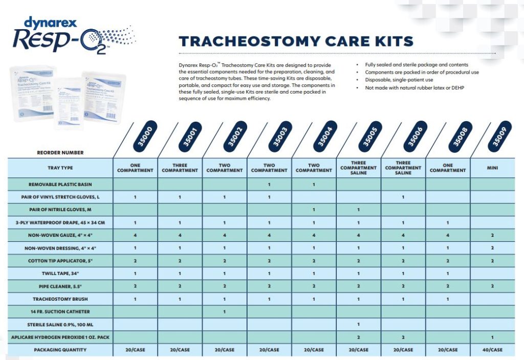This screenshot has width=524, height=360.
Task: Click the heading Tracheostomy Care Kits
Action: [x=296, y=41]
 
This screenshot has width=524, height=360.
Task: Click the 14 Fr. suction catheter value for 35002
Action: [x=224, y=311]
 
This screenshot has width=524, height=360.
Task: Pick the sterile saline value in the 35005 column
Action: [x=358, y=324]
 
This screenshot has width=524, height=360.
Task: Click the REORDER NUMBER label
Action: [x=60, y=152]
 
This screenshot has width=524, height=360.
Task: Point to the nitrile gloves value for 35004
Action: [x=314, y=210]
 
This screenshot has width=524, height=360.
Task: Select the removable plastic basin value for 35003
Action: [x=269, y=184]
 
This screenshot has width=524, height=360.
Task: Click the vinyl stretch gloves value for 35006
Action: [x=403, y=197]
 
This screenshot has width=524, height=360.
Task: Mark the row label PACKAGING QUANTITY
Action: [x=60, y=350]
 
